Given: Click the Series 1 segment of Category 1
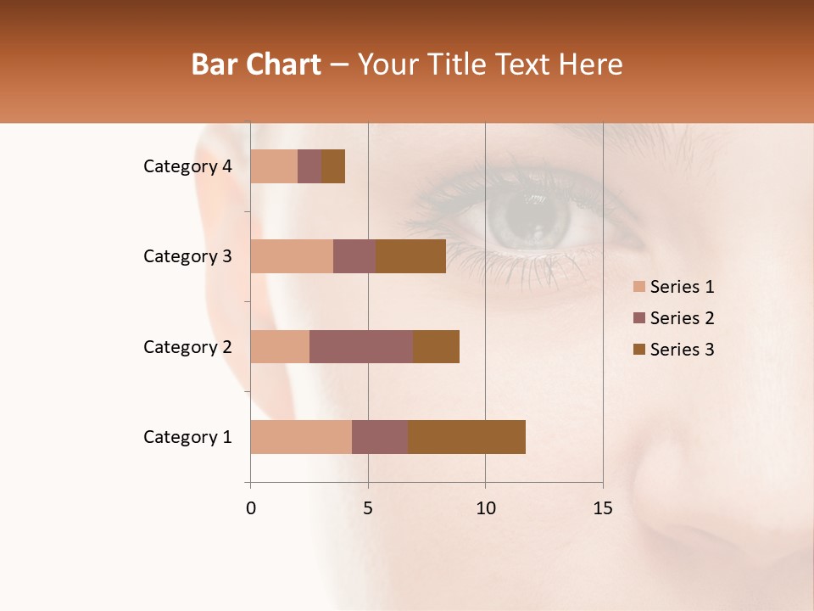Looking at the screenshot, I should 301,437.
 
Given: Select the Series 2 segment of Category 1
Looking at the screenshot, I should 380,437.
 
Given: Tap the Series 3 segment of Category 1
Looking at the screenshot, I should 466,437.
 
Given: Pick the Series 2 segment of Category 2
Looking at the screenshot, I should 361,346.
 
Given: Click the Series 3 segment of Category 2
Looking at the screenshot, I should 436,346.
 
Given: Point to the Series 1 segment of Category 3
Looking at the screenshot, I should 292,256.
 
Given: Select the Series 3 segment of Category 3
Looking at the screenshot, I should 410,256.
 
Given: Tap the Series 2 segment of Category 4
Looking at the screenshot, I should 309,166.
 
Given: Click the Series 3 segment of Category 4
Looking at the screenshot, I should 333,166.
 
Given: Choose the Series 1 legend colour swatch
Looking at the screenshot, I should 639,287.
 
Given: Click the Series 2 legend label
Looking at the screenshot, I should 682,318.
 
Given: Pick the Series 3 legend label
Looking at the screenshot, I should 682,350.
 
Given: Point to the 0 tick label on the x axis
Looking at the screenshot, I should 251,508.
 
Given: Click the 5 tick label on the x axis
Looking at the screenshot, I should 368,508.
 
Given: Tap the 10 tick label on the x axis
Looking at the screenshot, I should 485,508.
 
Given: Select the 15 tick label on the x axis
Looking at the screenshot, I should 603,508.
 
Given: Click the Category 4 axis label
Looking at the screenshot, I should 187,166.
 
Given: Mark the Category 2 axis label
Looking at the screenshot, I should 187,346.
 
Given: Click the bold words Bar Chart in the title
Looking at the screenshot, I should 256,64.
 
